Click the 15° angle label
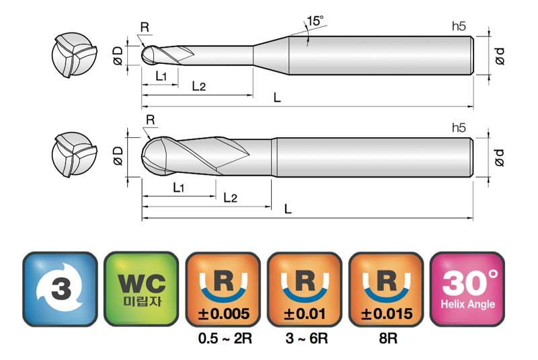click(315, 22)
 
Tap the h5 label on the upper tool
click(459, 26)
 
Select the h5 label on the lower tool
click(459, 128)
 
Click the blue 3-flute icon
click(60, 289)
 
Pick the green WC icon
click(141, 289)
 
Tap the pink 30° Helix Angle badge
click(467, 289)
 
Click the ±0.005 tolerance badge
click(223, 289)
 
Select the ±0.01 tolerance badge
click(305, 289)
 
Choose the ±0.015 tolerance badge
click(386, 289)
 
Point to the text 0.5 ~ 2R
click(225, 338)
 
